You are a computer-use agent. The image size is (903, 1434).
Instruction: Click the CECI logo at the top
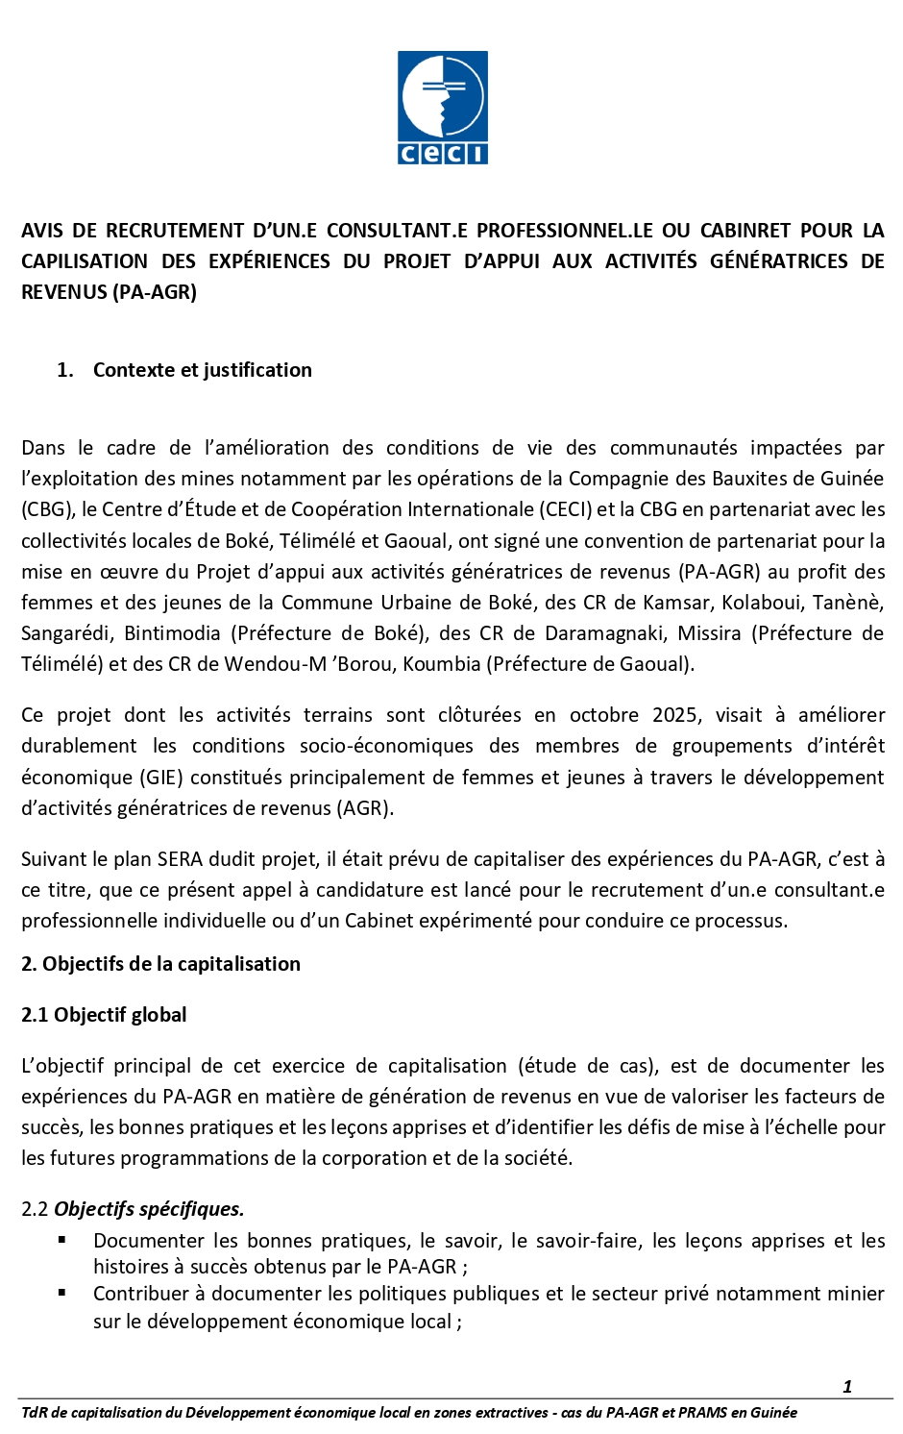point(443,108)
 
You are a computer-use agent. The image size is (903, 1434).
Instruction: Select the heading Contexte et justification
point(202,370)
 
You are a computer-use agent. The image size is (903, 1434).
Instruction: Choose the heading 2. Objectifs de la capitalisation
point(160,964)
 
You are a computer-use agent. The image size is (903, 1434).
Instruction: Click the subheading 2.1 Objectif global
point(104,1015)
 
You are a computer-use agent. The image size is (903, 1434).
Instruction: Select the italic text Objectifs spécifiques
point(149,1209)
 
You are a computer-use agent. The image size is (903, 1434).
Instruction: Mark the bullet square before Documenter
point(62,1240)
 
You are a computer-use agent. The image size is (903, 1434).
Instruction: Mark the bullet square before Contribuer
point(62,1293)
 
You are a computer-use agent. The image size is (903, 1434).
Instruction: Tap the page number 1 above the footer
point(847,1386)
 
